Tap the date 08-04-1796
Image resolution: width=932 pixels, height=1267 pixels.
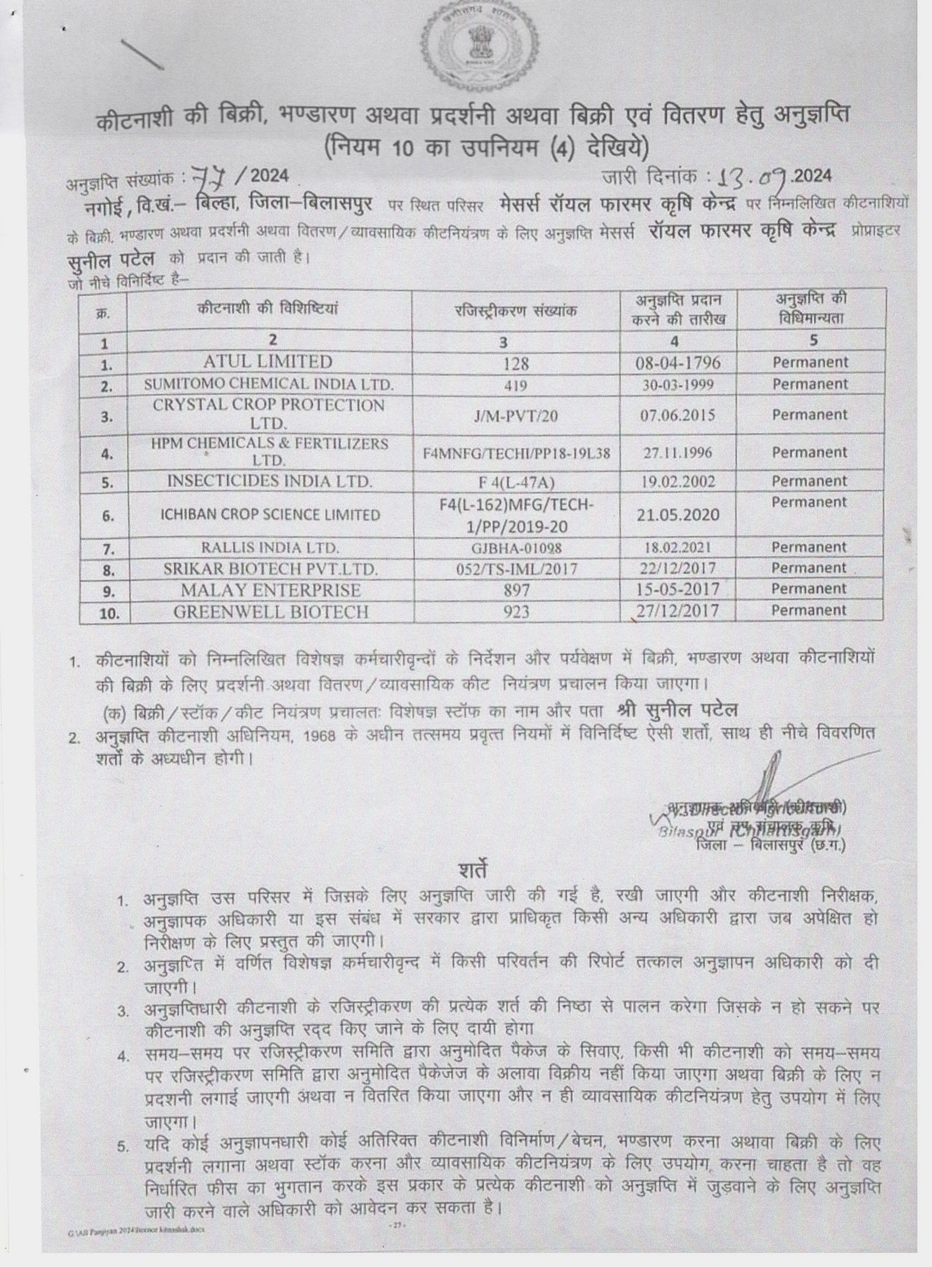[677, 362]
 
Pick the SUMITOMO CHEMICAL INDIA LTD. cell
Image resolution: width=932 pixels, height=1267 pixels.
[268, 384]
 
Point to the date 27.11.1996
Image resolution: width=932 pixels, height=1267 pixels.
[677, 452]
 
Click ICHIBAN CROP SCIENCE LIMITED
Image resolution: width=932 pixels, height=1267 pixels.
[268, 515]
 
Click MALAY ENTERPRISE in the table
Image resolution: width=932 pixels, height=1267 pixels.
[270, 590]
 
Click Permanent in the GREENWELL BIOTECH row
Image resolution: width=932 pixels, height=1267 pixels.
[810, 610]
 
